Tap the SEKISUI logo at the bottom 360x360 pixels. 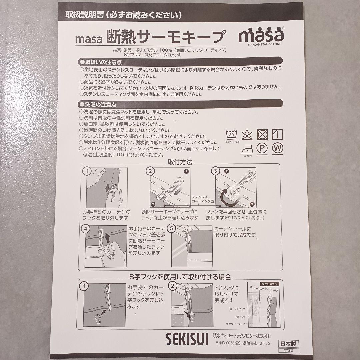pos(187,339)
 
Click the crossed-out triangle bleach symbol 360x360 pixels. pos(247,135)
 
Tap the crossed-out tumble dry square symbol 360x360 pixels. pos(262,134)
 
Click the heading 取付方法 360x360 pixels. pos(180,162)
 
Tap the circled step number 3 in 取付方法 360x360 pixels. pos(216,171)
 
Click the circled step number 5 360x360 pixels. pos(171,229)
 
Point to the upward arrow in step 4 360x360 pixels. pos(107,238)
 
